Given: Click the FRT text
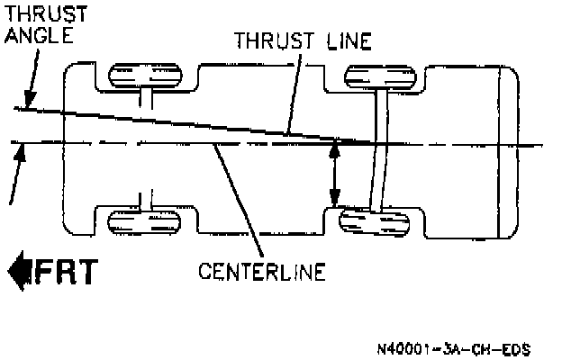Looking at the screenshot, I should (x=66, y=271).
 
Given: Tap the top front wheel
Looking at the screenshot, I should (x=144, y=75).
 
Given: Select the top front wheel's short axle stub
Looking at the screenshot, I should (x=145, y=96).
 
